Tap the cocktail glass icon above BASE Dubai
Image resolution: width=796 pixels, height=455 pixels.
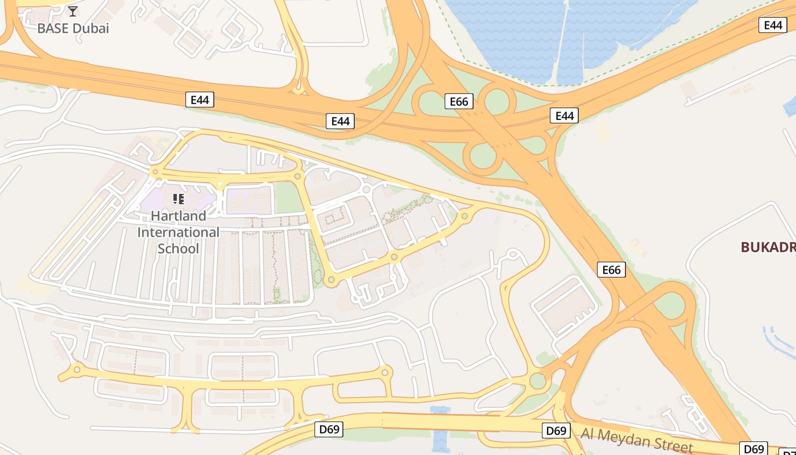(73, 11)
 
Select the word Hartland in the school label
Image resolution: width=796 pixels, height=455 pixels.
(179, 216)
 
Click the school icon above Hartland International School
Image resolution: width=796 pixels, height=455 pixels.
(179, 198)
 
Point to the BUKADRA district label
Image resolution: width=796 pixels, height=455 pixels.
(768, 247)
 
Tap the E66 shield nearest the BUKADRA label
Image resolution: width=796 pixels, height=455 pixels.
(611, 270)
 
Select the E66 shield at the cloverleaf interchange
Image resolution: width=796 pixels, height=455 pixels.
(458, 101)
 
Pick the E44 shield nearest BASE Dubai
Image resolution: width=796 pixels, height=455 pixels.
(200, 100)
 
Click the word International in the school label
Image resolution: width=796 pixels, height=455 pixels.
(178, 232)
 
